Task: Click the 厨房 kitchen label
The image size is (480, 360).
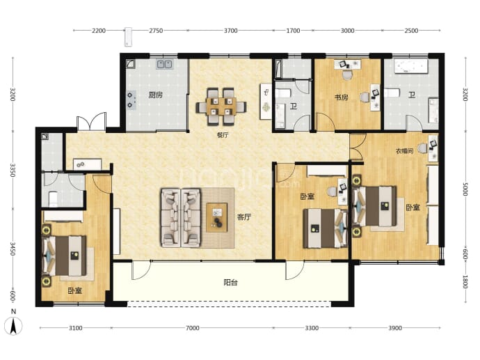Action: (156, 95)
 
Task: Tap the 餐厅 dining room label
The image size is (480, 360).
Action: (223, 135)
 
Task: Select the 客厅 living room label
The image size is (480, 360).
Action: (244, 217)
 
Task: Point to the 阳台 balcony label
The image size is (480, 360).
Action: (230, 283)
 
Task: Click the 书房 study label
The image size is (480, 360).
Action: (341, 97)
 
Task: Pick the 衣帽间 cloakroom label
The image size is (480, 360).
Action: (404, 151)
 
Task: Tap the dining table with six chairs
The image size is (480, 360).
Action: (221, 107)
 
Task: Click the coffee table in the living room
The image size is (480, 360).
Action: (217, 217)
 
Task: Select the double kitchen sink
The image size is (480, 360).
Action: (165, 64)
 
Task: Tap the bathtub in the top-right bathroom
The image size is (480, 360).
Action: (411, 67)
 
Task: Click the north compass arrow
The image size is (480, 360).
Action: (13, 326)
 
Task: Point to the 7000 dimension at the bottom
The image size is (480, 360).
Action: (192, 328)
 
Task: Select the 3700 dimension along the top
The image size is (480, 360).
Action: (230, 31)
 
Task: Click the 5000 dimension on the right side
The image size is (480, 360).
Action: (465, 189)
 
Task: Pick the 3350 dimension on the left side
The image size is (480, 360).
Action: (13, 170)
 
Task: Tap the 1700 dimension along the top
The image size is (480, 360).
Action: (293, 31)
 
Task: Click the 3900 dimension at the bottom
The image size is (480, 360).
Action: (395, 328)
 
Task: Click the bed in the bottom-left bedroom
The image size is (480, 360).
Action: (65, 256)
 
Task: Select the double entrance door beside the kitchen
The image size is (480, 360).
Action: (91, 122)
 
